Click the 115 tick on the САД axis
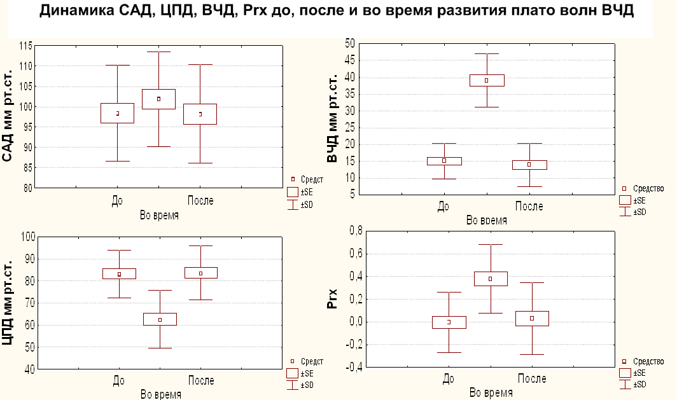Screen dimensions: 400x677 [25, 46]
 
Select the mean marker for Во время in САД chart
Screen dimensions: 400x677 [158, 99]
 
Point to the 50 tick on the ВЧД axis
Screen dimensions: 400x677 [349, 44]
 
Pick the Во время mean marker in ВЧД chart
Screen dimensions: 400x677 [486, 80]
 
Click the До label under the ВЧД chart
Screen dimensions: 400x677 [443, 206]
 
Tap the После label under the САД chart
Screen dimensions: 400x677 [200, 201]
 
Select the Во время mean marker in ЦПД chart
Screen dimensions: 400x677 [160, 320]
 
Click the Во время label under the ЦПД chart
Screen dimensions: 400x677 [159, 392]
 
